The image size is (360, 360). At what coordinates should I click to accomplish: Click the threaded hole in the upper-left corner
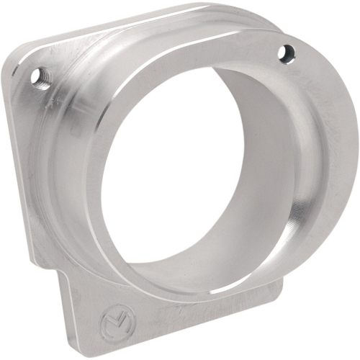point(41,76)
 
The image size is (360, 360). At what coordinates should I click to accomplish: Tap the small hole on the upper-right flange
point(286,51)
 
